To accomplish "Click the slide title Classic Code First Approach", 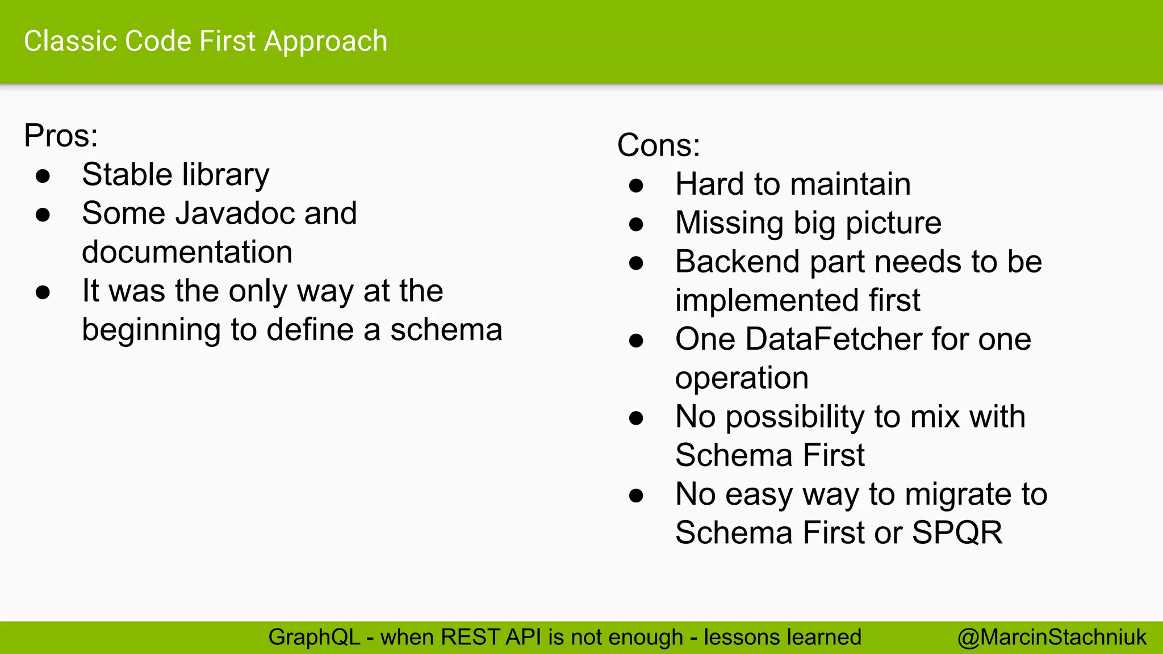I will tap(206, 41).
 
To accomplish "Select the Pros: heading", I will tap(61, 136).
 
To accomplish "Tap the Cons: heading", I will tap(658, 145).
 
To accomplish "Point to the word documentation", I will tap(187, 252).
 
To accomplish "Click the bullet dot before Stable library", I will tap(43, 176).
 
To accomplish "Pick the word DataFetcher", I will tap(834, 339).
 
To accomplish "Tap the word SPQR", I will tap(957, 533).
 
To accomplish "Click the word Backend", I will tap(738, 262).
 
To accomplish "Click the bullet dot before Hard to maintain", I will tap(636, 186).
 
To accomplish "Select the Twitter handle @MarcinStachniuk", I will tap(1052, 638).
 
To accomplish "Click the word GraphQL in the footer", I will tap(314, 638).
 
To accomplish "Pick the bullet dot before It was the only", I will tap(43, 292).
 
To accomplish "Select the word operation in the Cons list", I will tap(742, 379).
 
